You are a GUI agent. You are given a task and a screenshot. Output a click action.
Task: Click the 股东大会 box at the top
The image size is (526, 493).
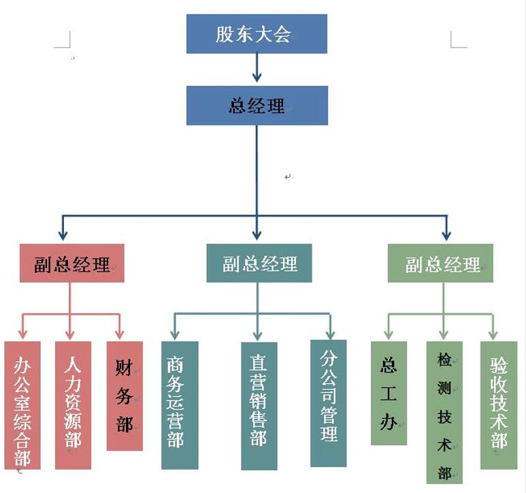point(257,33)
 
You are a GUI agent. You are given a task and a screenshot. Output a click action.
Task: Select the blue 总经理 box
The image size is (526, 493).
point(257,106)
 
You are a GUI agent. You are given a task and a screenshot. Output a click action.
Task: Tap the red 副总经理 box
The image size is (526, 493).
point(71,264)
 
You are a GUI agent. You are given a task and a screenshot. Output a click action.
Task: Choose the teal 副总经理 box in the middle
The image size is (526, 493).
point(259,263)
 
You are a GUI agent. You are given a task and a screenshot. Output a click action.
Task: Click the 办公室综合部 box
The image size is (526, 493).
point(22,405)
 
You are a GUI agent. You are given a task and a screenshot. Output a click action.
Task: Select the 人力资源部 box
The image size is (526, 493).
point(73,405)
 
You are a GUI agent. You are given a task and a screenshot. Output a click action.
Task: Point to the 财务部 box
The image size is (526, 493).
point(125,396)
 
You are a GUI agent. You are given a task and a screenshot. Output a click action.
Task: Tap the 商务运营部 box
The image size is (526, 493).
point(180,405)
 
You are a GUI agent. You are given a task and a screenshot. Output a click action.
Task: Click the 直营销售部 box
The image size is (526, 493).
point(259,406)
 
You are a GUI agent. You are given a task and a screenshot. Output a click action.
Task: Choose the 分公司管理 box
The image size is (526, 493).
point(329,402)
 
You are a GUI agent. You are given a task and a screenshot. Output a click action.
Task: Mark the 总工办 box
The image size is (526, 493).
point(389,393)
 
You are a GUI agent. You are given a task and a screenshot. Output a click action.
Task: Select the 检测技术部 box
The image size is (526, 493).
point(444,412)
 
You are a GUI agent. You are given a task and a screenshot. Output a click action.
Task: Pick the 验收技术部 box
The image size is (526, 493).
point(498,405)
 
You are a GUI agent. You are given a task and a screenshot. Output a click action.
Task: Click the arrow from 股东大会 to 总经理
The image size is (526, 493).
point(257,69)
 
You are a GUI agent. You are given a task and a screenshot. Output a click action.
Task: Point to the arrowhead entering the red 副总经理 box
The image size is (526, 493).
point(63,235)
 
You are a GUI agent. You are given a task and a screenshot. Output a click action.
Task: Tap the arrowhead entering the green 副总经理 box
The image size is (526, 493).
point(446,235)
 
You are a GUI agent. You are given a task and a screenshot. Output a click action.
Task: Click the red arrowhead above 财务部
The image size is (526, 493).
point(120,334)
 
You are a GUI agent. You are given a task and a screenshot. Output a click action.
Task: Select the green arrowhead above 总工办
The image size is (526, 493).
point(389,334)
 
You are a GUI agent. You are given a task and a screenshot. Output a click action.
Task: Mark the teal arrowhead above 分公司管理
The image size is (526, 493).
point(329,334)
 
